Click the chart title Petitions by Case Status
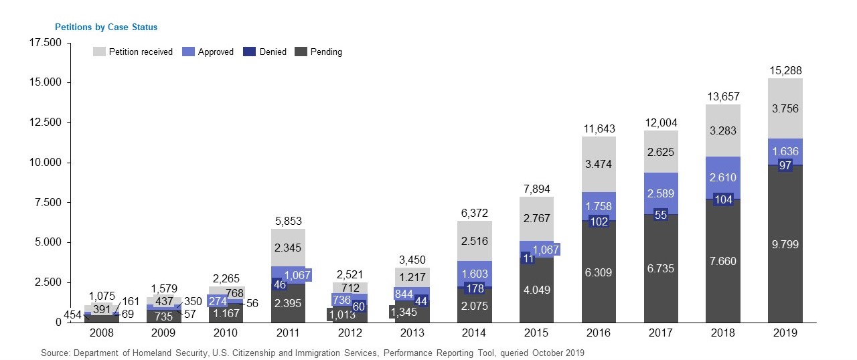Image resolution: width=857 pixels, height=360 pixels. click(x=106, y=27)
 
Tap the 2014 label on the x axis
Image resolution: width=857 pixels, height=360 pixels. click(x=475, y=333)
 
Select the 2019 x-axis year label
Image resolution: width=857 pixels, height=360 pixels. click(x=785, y=333)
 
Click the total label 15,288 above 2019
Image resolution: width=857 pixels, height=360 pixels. click(x=785, y=70)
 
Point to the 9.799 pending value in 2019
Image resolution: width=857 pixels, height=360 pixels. click(x=785, y=245)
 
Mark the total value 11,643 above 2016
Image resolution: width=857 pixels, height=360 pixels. click(x=599, y=128)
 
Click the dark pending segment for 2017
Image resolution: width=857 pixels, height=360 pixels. click(x=661, y=268)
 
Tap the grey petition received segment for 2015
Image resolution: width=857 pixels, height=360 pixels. click(x=536, y=217)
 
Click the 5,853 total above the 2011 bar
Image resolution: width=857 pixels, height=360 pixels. click(x=289, y=221)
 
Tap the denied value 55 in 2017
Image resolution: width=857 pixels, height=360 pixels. click(x=661, y=215)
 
